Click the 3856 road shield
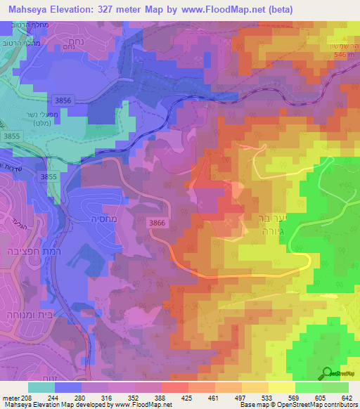tap(63, 100)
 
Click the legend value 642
tap(348, 398)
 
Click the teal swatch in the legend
tap(41, 387)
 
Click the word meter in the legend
tap(8, 398)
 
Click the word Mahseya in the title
tap(29, 9)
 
